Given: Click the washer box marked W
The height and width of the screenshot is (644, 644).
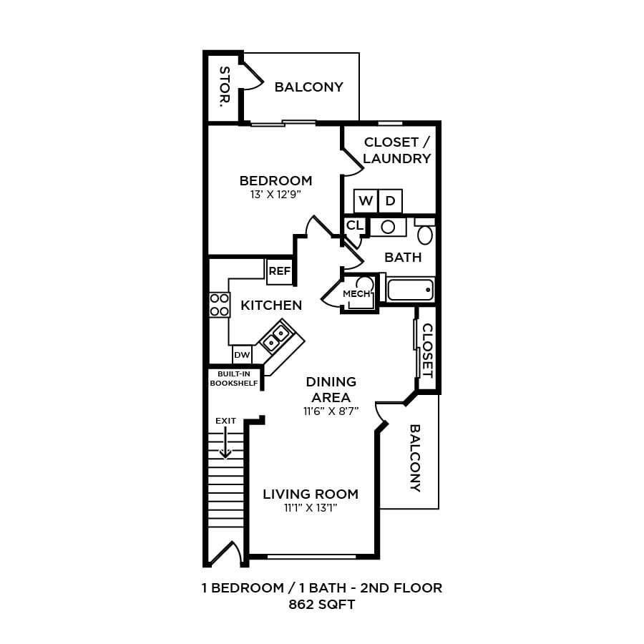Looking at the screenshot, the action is [x=366, y=201].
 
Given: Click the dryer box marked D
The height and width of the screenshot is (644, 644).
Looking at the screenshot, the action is [x=390, y=201].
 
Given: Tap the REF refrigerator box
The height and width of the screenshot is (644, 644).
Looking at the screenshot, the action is [x=279, y=271].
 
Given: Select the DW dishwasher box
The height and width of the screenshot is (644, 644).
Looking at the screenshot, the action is [x=242, y=354].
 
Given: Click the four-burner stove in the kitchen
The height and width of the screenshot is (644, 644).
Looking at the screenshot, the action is [x=220, y=304].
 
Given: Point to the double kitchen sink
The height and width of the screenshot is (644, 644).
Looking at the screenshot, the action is [x=276, y=338].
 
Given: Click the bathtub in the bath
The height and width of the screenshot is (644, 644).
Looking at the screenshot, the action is [x=410, y=290].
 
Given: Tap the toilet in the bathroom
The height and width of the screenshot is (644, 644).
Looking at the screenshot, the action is [x=425, y=233].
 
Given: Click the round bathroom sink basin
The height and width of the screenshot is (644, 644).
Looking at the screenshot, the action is [x=388, y=227].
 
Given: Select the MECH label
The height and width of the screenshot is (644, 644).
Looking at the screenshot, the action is [x=356, y=294].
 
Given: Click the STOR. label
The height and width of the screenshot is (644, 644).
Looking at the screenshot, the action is [x=224, y=87].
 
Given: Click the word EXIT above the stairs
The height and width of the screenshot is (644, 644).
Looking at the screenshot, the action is [x=225, y=421].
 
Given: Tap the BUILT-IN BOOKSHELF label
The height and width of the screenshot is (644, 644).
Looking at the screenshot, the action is [x=234, y=378].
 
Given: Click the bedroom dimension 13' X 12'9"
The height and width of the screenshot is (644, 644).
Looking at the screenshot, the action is [x=275, y=193].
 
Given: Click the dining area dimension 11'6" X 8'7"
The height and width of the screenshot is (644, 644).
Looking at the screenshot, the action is [x=331, y=411].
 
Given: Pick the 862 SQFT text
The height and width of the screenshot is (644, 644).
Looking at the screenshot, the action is [x=321, y=605].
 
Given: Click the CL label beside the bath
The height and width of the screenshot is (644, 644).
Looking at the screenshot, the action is [x=354, y=225].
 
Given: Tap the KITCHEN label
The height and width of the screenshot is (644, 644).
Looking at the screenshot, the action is [x=271, y=306].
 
